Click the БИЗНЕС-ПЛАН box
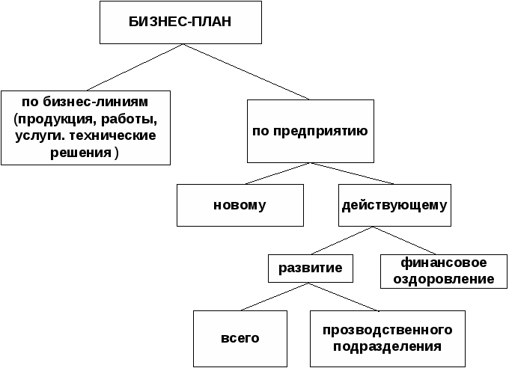180,22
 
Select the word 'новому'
240,205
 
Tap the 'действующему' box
394,205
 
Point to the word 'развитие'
311,268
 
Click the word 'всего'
240,338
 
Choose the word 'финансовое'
444,263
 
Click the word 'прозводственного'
388,330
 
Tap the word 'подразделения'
388,346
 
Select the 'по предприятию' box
310,131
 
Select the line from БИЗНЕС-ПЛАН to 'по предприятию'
247,72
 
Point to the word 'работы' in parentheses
134,119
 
